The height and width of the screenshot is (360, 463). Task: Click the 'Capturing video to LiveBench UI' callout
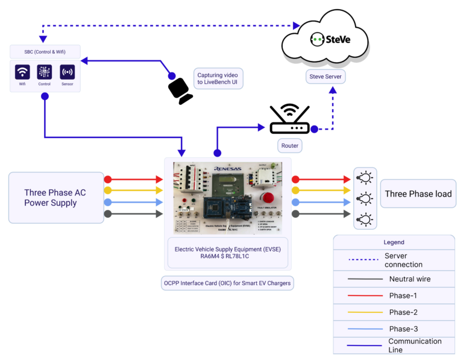click(x=218, y=78)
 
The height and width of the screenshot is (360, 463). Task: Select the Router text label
click(x=289, y=146)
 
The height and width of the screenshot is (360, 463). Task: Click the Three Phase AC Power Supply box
click(x=51, y=198)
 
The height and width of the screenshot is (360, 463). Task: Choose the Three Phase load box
click(x=418, y=194)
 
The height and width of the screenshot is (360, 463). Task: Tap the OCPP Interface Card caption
click(x=227, y=282)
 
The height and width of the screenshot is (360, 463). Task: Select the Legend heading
click(x=394, y=242)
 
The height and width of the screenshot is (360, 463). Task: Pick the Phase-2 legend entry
click(x=403, y=312)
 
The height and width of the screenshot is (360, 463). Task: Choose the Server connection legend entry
click(x=403, y=260)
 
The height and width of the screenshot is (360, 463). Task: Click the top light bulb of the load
click(x=365, y=178)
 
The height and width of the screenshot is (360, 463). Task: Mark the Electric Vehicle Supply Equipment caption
click(x=228, y=252)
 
